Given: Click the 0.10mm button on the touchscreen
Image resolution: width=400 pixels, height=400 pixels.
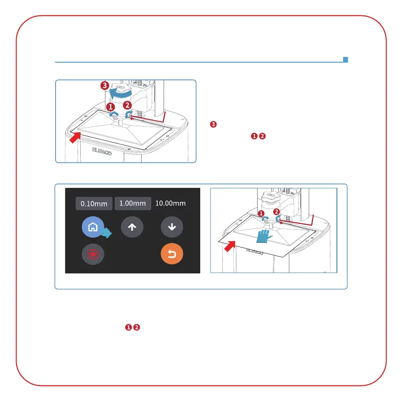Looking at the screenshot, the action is (x=94, y=203).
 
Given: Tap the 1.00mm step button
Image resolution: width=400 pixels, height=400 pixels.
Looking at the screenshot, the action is (x=133, y=203).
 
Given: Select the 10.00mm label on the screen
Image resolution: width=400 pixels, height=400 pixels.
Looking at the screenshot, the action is (x=170, y=203).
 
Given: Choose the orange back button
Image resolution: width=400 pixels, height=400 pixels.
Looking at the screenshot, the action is (x=172, y=254).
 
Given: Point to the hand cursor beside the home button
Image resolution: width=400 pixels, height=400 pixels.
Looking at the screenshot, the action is (x=107, y=233).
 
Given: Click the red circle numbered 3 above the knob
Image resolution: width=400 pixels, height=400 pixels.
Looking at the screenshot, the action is (x=104, y=85).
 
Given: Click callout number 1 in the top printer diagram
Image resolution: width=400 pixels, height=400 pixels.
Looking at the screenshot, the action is (x=110, y=107).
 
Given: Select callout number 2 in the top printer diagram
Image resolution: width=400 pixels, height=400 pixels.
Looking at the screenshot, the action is (x=127, y=105).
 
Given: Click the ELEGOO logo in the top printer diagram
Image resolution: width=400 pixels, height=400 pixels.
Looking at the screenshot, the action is (x=103, y=150).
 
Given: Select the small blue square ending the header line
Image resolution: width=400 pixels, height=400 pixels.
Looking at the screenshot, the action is (x=346, y=59).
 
